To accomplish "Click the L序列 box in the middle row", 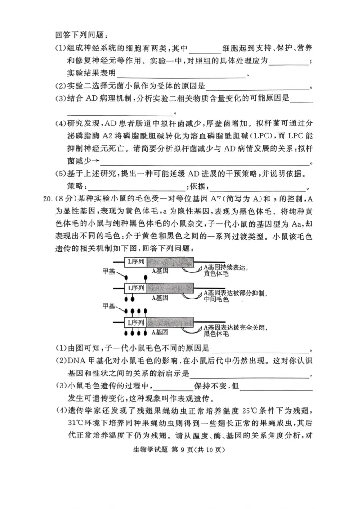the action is tap(136, 287).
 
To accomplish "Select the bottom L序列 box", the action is tap(136, 322).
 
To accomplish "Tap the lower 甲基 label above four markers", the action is tap(109, 306).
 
